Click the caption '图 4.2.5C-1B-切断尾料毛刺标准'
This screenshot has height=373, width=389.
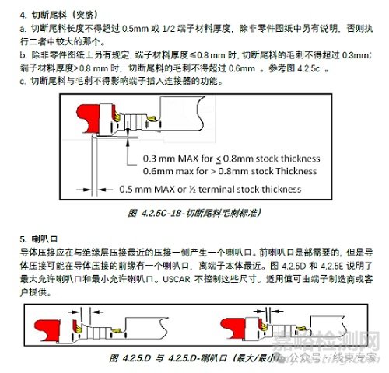(194, 212)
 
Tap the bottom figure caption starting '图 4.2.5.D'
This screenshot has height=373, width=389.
(194, 359)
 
